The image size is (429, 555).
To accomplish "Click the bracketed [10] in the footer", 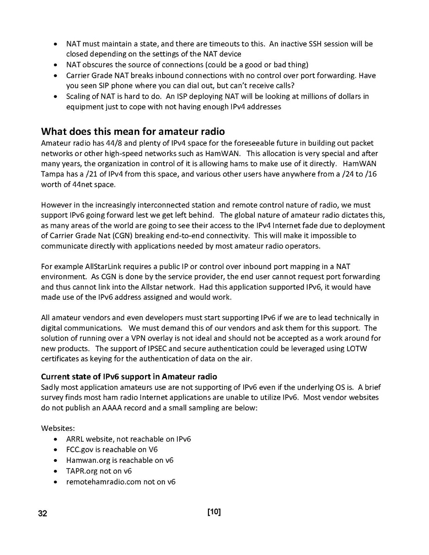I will [214, 512].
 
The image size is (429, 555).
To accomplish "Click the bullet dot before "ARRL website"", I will [56, 439].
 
